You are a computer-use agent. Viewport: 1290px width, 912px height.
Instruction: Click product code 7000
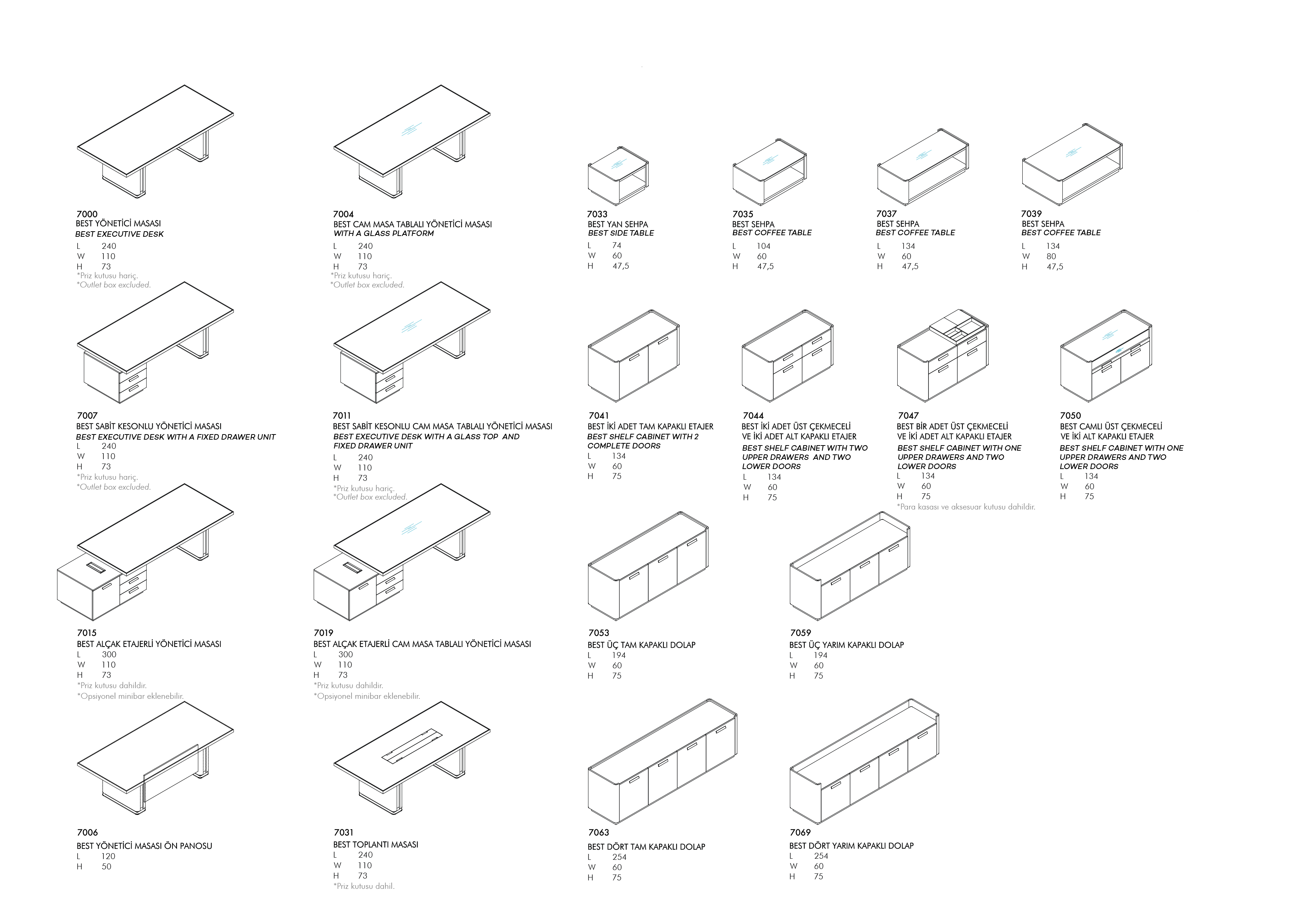[87, 214]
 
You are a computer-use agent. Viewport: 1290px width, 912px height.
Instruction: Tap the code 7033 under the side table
[597, 214]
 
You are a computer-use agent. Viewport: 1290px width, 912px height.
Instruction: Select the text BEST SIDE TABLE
[621, 233]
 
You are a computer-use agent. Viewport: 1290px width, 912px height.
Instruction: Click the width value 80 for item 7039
[1051, 257]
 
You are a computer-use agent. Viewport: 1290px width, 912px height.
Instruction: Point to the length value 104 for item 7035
[763, 246]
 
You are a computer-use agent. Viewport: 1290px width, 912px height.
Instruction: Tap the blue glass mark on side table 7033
[618, 164]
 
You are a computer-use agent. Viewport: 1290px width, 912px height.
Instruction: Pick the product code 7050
[1070, 416]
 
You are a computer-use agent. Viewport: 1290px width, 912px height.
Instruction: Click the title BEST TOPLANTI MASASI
[375, 845]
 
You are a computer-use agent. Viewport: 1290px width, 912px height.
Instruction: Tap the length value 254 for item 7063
[619, 857]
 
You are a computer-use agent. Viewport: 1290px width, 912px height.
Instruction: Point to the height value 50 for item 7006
[106, 866]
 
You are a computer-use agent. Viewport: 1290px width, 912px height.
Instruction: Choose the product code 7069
[800, 832]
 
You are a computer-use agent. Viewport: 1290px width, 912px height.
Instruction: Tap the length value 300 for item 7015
[109, 654]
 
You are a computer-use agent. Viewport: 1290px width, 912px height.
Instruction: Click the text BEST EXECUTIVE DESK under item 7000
[120, 234]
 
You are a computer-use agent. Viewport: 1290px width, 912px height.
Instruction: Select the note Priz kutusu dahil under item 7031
[364, 886]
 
